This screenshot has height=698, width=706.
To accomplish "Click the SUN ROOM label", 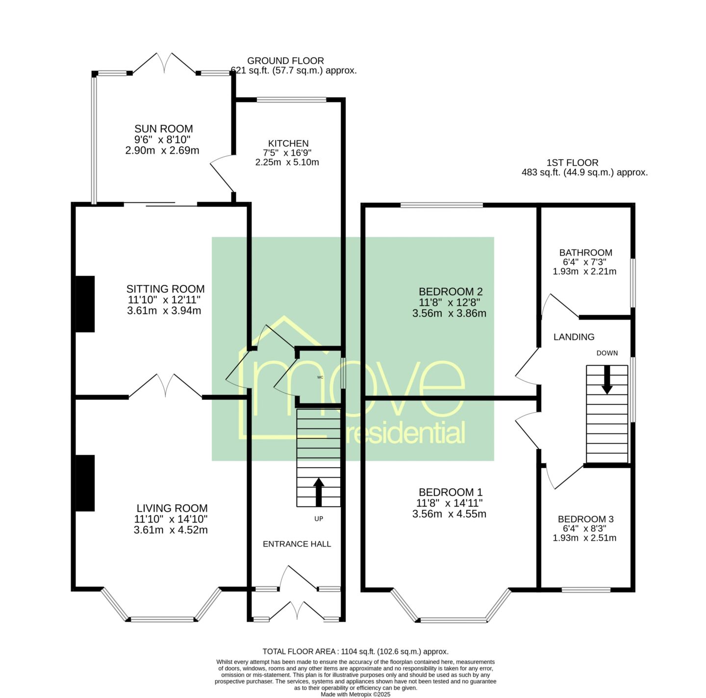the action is tap(163, 128).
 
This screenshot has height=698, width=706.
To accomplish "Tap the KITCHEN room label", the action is tap(288, 143).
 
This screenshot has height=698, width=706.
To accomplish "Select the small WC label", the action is tap(320, 377).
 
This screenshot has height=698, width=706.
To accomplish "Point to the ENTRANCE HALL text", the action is tap(297, 544).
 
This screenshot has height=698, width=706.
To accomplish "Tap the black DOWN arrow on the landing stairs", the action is tap(607, 380).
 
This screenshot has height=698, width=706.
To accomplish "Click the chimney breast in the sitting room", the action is tap(85, 304).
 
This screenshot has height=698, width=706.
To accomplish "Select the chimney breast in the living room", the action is tap(85, 483).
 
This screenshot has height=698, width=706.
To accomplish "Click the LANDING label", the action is tap(574, 337).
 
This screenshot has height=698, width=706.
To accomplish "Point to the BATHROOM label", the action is tap(585, 252).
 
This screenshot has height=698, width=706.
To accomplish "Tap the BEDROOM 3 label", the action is tap(585, 519).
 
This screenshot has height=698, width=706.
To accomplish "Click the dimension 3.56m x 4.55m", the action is tap(449, 514).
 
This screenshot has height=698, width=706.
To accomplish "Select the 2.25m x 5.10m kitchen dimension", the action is tap(287, 162).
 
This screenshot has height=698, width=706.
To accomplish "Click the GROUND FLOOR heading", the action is tap(285, 60).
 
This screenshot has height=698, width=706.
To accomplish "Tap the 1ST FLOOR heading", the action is tap(572, 162).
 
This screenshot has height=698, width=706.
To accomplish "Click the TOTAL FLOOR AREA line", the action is tap(355, 651).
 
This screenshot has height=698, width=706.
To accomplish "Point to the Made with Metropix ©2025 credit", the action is tap(355, 695).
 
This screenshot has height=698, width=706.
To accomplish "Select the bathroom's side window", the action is tap(633, 283).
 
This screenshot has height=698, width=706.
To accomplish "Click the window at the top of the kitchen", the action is tap(291, 100).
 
